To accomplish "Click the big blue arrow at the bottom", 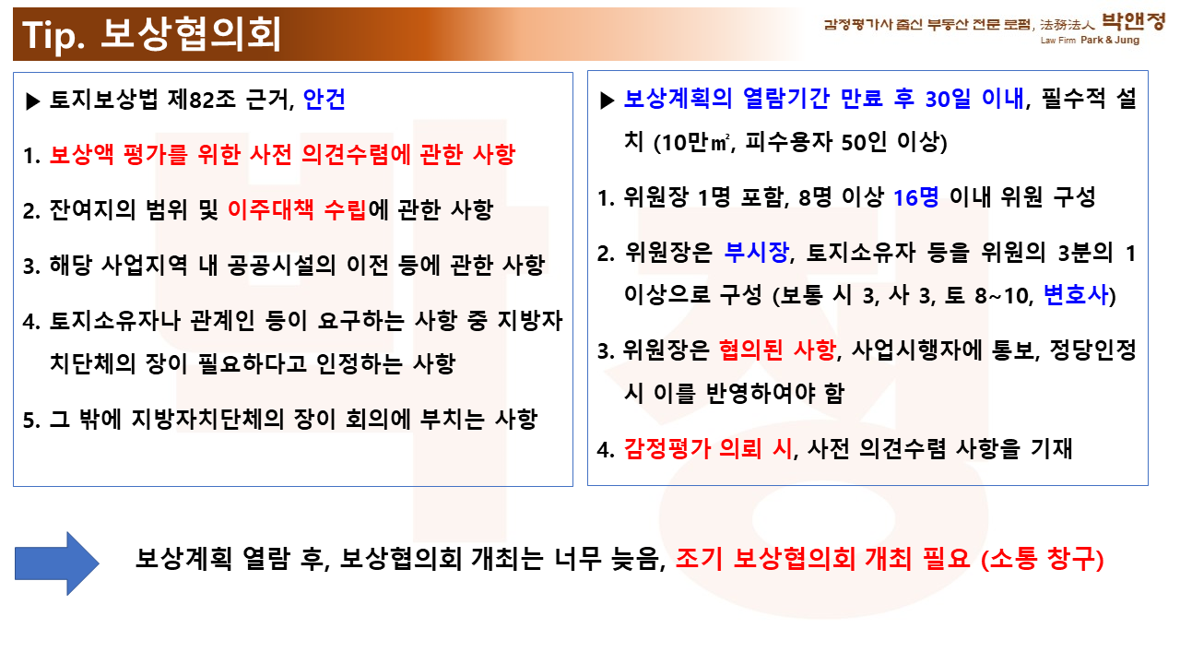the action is (57, 563).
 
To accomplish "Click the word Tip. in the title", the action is (53, 36).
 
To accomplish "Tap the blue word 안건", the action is (324, 99).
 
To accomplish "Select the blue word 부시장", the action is (757, 252).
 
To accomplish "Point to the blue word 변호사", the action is (1076, 294).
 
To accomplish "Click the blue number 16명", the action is (916, 197).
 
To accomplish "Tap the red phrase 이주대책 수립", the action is (297, 209).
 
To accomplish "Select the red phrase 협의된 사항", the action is (777, 350).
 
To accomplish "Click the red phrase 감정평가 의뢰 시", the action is (708, 448).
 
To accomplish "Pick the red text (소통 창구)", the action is (1043, 559).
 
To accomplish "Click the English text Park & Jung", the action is (1110, 40).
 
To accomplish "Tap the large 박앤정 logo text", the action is (1133, 21).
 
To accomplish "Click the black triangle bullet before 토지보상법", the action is (32, 101).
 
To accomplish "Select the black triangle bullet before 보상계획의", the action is (608, 101).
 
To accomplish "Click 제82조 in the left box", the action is (201, 99).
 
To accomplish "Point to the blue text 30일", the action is (948, 98).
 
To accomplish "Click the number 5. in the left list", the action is (31, 420).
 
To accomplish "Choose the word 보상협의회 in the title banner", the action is (190, 34).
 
